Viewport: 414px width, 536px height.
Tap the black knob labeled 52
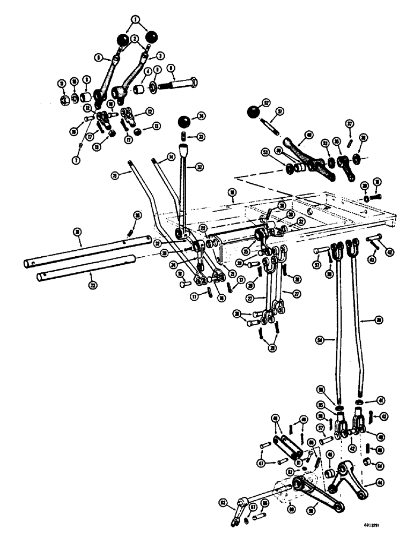253,113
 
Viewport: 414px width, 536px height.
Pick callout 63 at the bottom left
223,503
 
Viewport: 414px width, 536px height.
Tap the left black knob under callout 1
123,40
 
